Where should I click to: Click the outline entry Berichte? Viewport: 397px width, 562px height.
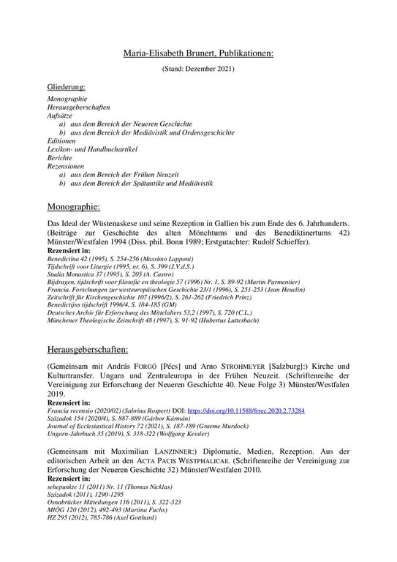point(61,157)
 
